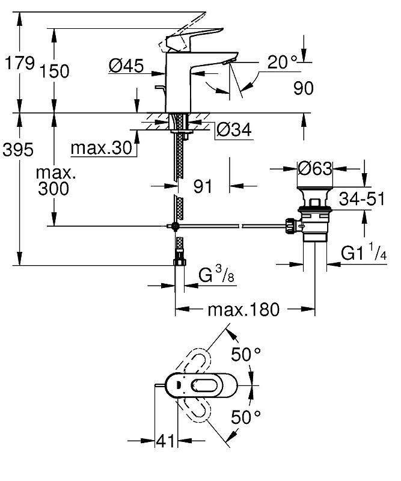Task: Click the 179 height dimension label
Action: [x=19, y=63]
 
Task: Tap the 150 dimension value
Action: [x=54, y=71]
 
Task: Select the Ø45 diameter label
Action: [x=126, y=66]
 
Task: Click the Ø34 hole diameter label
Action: [x=234, y=129]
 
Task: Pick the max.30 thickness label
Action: [x=101, y=148]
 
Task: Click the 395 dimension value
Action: [x=18, y=150]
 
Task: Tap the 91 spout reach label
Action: [x=203, y=186]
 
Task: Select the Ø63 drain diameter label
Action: [x=315, y=168]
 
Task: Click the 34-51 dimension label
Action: [x=362, y=198]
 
